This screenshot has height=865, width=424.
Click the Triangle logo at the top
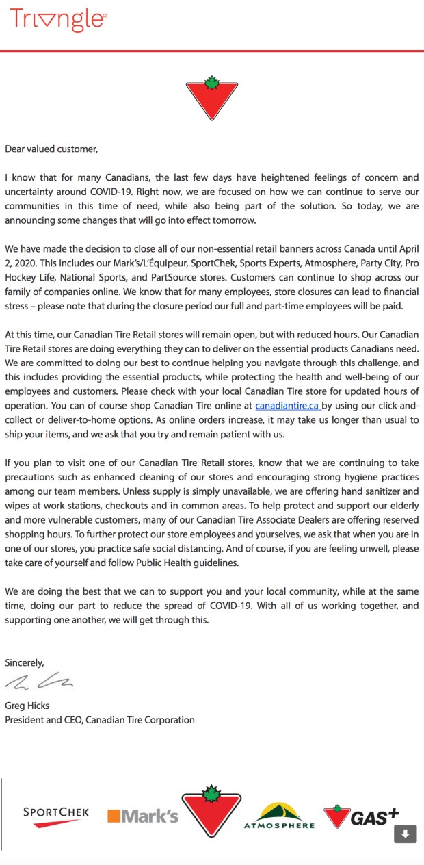[x=58, y=20]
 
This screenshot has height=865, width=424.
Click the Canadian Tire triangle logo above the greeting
[x=211, y=100]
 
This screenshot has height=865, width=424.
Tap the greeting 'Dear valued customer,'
[x=51, y=149]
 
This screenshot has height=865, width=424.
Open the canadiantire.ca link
[x=287, y=406]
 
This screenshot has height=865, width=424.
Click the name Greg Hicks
[x=27, y=706]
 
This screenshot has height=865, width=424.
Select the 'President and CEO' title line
[x=100, y=720]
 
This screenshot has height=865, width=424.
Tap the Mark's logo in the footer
[x=142, y=816]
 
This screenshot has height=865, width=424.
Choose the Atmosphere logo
[x=279, y=815]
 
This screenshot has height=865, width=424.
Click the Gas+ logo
[x=361, y=816]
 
